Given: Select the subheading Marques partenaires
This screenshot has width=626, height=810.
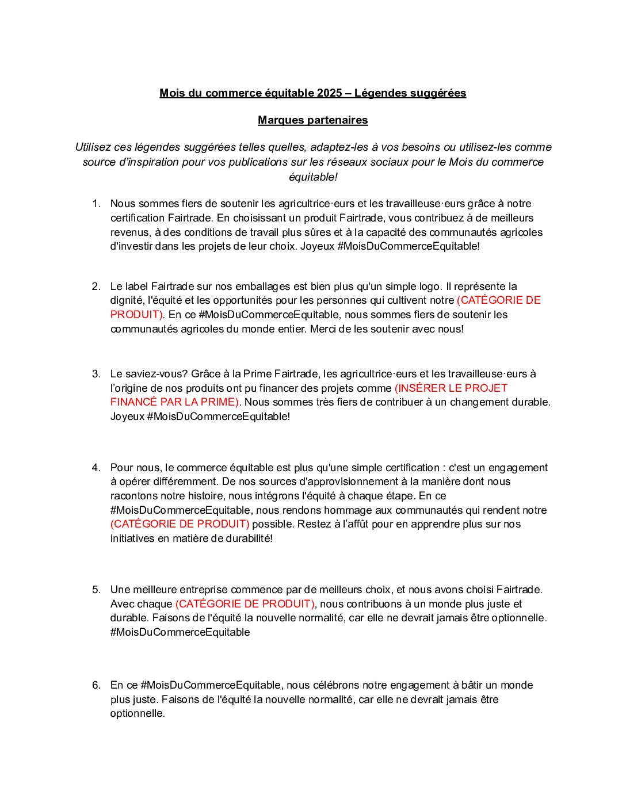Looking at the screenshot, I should [x=312, y=120].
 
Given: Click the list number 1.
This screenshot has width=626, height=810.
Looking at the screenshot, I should [x=96, y=204].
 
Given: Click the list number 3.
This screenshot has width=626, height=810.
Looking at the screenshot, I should [x=96, y=374].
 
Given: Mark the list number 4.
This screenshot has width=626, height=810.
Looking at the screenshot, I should [x=96, y=468].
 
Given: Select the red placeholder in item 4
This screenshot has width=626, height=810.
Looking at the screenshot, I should [x=180, y=524].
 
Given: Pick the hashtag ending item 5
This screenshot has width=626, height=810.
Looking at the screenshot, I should [x=180, y=632].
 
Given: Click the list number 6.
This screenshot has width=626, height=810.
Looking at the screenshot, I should [x=96, y=685].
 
